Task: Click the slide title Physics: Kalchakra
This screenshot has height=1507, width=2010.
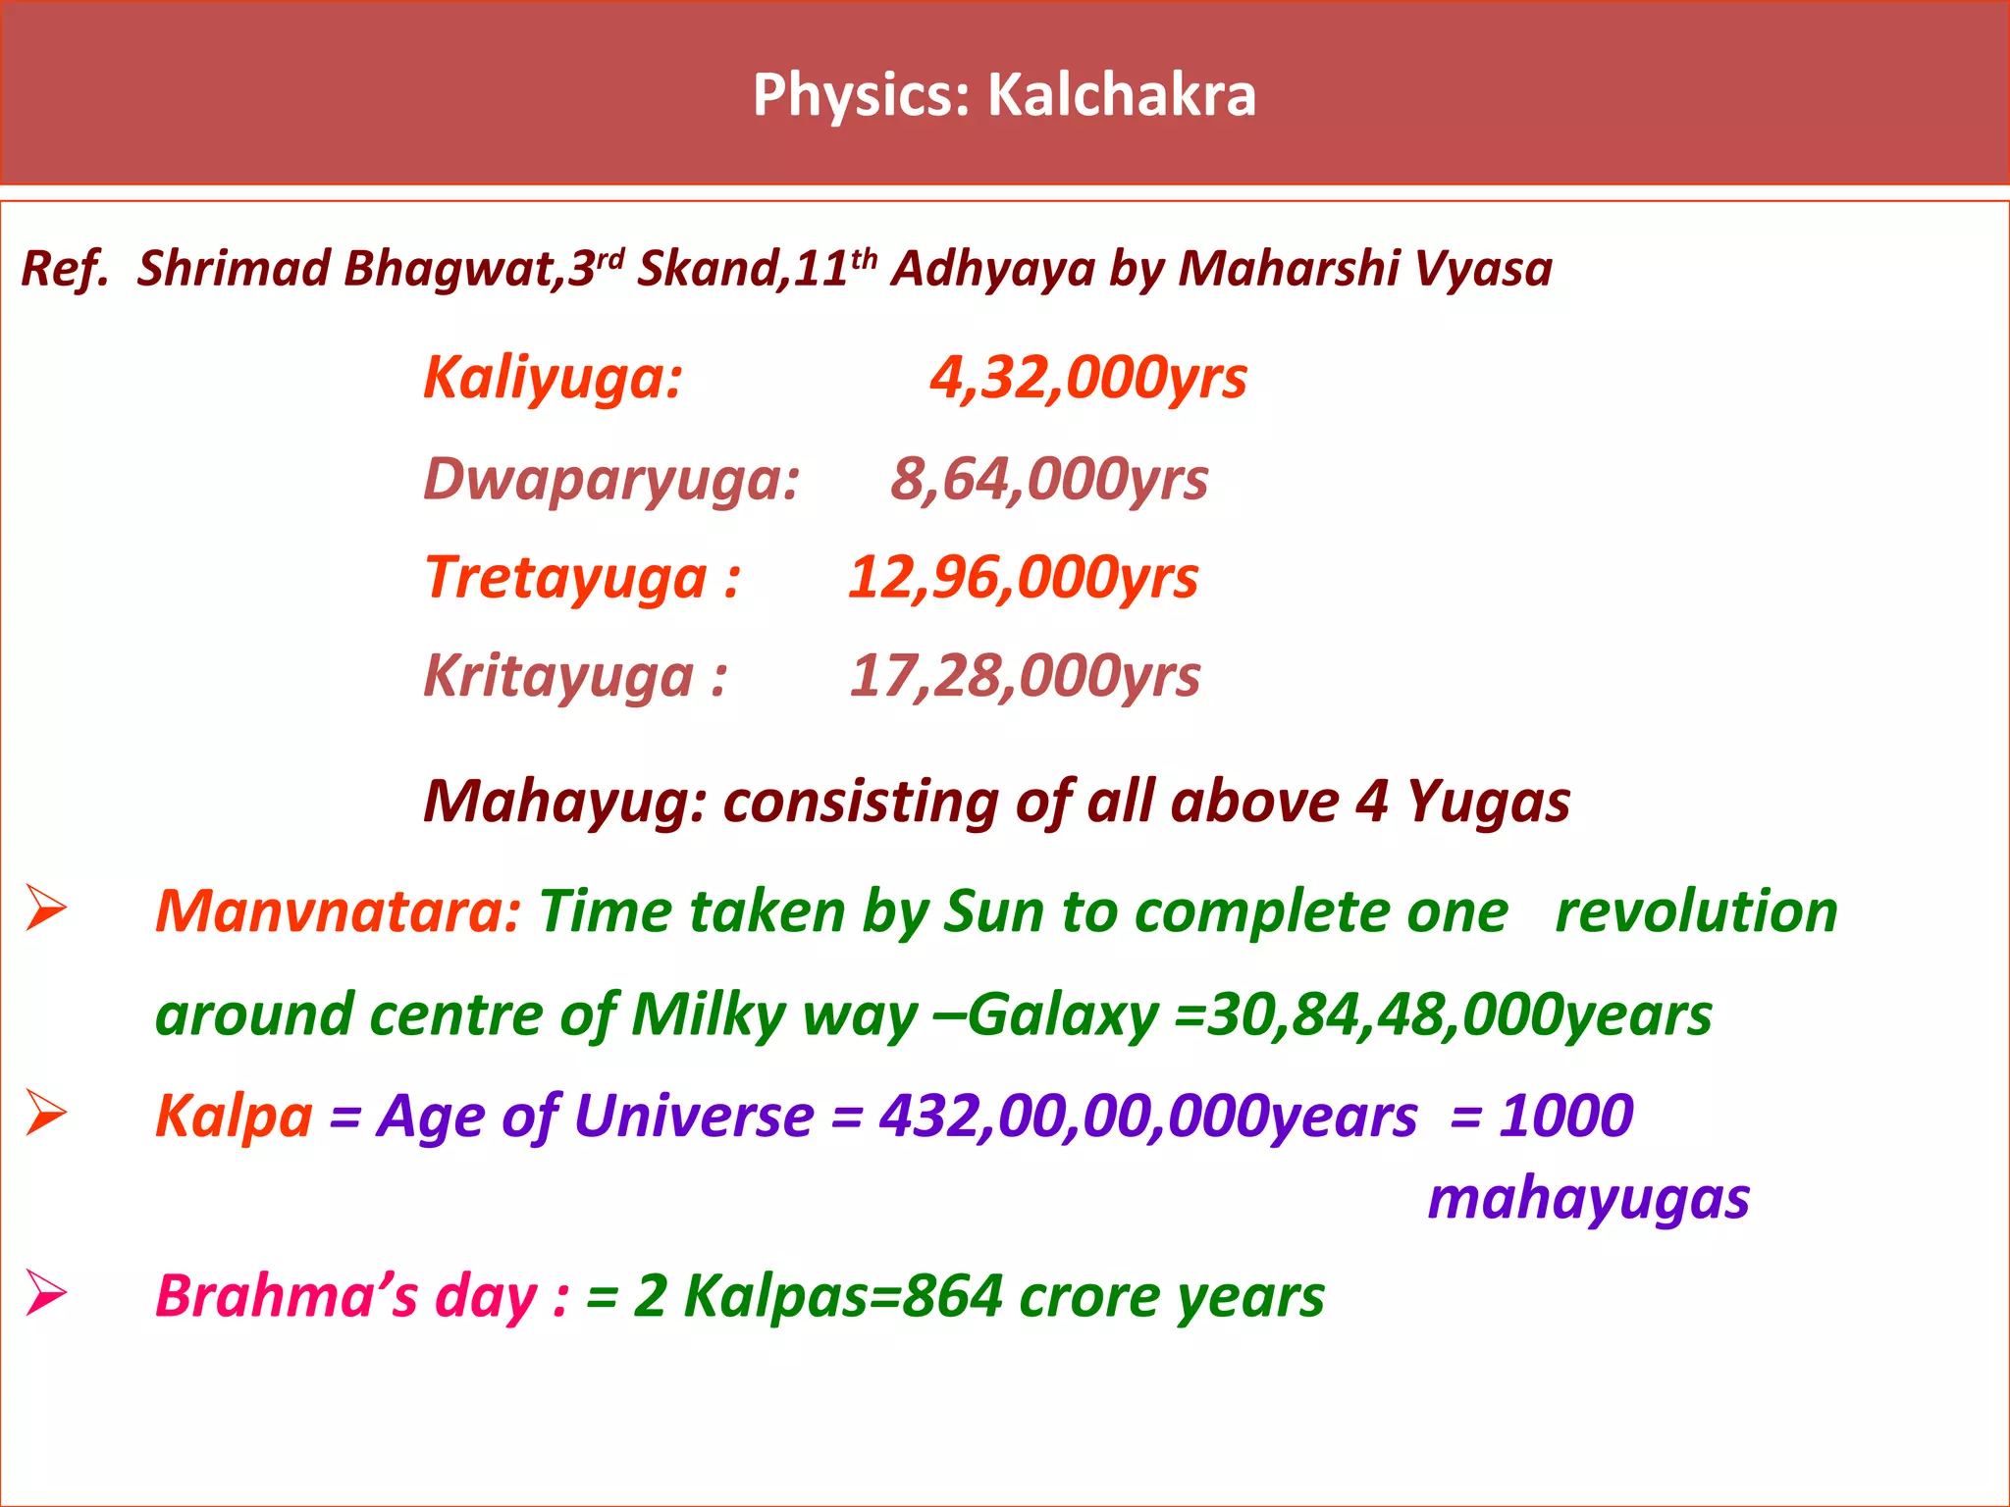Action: (1004, 95)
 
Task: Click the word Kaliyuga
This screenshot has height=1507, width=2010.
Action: (550, 378)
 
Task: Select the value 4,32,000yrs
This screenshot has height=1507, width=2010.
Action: (1087, 378)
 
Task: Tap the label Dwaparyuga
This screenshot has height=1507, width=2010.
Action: (608, 480)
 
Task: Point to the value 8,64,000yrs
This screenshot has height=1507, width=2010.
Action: (1048, 480)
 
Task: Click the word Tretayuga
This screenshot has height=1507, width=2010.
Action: (566, 577)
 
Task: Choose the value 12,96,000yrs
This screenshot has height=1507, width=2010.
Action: (1023, 577)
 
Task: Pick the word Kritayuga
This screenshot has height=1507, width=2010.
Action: (558, 676)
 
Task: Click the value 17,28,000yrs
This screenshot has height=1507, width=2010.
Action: (1024, 676)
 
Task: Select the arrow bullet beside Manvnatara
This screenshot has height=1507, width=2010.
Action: (45, 908)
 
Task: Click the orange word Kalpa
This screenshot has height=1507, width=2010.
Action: (234, 1117)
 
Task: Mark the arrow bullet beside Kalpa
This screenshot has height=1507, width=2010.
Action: (45, 1114)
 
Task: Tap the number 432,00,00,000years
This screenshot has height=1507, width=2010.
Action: (1147, 1117)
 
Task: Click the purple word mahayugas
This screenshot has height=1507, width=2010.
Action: (1588, 1199)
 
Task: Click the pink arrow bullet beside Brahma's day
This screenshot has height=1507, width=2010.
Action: (45, 1292)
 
